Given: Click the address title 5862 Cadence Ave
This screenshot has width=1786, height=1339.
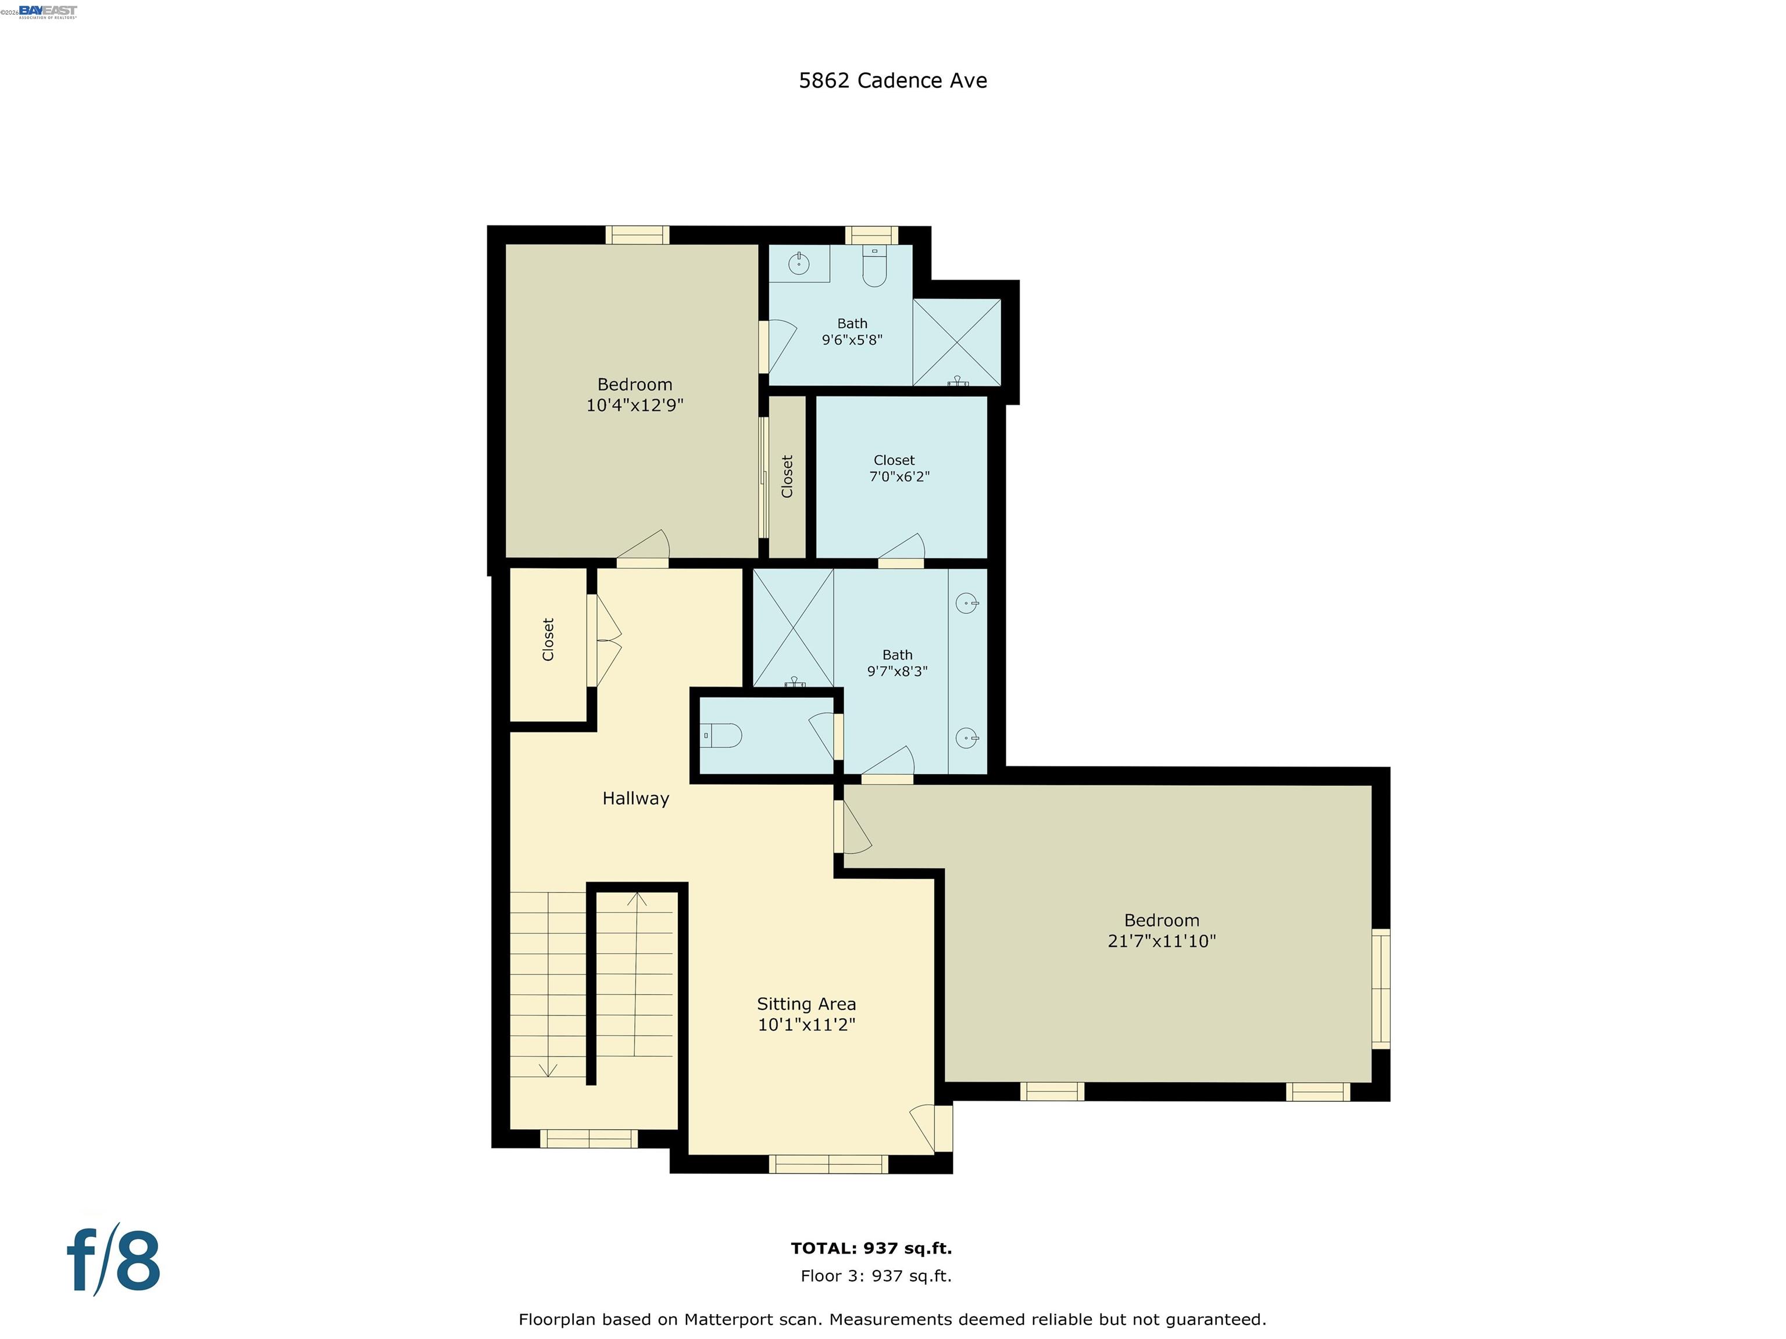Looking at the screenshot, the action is (892, 81).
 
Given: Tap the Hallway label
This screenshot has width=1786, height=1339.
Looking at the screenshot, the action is (635, 799).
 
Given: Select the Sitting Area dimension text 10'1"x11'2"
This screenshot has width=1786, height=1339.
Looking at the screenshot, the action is (806, 1025).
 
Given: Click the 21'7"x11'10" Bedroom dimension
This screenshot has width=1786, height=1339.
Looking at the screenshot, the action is (1161, 941).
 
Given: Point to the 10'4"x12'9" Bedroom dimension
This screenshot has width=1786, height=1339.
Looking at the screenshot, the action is (635, 405).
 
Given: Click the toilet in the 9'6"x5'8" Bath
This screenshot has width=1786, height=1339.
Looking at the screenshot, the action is (874, 266).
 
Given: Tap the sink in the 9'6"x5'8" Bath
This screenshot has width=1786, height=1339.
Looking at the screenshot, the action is (799, 263).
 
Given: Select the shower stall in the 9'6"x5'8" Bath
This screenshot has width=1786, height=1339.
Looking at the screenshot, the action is (957, 342).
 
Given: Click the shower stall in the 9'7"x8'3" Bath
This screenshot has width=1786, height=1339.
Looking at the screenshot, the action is (794, 628).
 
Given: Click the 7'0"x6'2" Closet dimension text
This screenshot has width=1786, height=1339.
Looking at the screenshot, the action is (899, 477).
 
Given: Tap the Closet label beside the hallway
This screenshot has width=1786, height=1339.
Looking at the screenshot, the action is (548, 640).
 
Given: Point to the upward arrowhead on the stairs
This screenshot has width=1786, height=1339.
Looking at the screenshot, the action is (637, 898).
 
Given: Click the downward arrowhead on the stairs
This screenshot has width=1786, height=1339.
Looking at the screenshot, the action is (548, 1071).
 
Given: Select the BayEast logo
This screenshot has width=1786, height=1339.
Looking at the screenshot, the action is (48, 11).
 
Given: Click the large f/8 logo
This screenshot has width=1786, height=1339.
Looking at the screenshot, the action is (113, 1259).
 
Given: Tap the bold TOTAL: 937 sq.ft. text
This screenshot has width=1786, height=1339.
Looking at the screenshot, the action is (871, 1248).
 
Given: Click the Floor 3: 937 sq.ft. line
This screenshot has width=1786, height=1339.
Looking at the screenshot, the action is (876, 1276).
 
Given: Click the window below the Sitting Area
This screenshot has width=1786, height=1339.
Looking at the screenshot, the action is (828, 1164).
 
